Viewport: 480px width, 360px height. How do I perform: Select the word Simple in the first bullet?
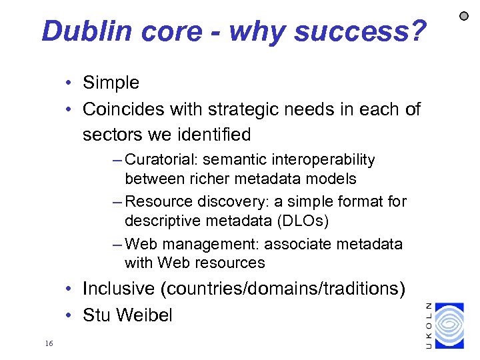111,83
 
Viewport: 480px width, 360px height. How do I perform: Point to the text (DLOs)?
283,220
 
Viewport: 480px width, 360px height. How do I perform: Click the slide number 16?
48,343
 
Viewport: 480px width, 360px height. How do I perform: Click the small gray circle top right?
465,15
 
